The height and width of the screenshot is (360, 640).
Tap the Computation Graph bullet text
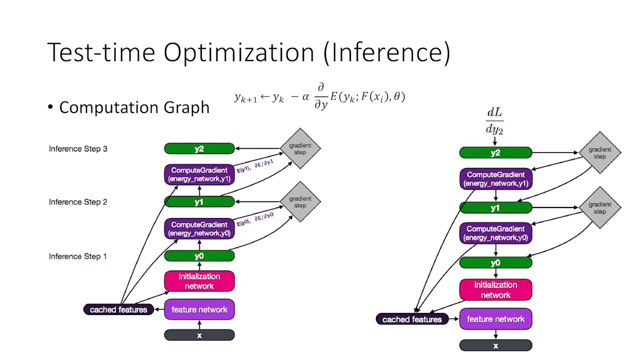click(134, 107)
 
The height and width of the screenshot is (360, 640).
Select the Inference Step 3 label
click(78, 148)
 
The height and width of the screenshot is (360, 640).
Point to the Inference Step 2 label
click(78, 202)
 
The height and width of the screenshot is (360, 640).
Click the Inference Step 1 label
click(78, 256)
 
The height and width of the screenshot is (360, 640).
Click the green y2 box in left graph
click(199, 148)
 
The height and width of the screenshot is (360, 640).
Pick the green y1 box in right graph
click(495, 208)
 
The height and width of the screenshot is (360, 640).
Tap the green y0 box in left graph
click(199, 256)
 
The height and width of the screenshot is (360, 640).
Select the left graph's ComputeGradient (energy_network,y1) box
click(199, 174)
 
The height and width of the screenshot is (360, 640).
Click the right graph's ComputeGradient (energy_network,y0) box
click(495, 233)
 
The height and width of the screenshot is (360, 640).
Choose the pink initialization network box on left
click(199, 281)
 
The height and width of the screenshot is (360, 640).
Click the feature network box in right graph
click(495, 319)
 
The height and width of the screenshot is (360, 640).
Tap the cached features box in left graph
click(118, 309)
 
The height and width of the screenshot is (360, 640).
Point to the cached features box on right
click(412, 319)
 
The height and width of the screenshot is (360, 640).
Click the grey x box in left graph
click(199, 335)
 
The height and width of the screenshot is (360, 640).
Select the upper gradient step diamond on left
click(300, 148)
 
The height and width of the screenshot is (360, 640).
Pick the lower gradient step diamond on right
click(599, 208)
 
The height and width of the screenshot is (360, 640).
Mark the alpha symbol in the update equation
click(305, 97)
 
